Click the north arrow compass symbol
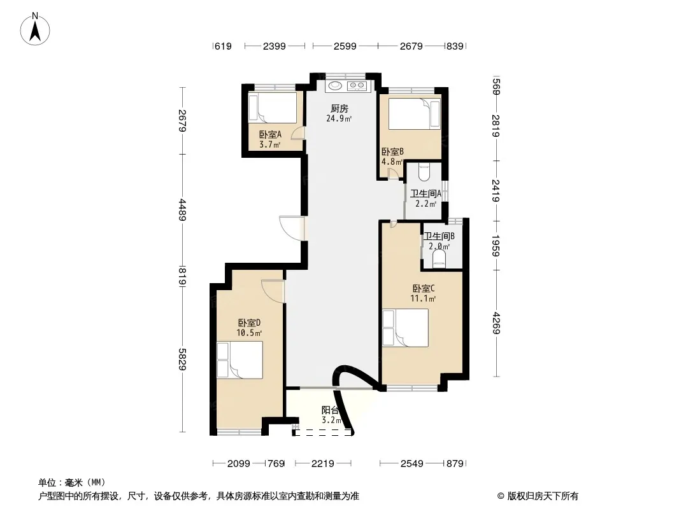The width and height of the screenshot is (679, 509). tap(35, 29)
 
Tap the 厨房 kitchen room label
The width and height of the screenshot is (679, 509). tap(339, 109)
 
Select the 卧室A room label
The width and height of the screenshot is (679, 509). tap(270, 134)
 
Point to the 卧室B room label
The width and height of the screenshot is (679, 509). tap(392, 152)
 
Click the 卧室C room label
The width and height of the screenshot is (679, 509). tap(423, 288)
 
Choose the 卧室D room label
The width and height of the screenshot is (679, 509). tap(249, 323)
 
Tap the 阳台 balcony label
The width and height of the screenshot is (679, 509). tap(330, 410)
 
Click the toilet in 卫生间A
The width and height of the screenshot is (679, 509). tap(424, 172)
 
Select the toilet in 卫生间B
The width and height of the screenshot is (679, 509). tap(439, 258)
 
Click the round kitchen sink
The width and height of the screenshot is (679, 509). tap(335, 86)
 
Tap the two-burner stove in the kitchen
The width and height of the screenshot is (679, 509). tap(357, 86)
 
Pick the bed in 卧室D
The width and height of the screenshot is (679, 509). tap(240, 360)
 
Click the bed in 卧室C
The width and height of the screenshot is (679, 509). tap(405, 328)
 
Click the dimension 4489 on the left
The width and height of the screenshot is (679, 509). tap(182, 210)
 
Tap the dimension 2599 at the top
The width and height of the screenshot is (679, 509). tap(345, 46)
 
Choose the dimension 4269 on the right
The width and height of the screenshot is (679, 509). tap(496, 323)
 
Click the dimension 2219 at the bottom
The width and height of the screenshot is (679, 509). tap(322, 464)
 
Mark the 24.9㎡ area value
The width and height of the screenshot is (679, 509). tap(339, 118)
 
